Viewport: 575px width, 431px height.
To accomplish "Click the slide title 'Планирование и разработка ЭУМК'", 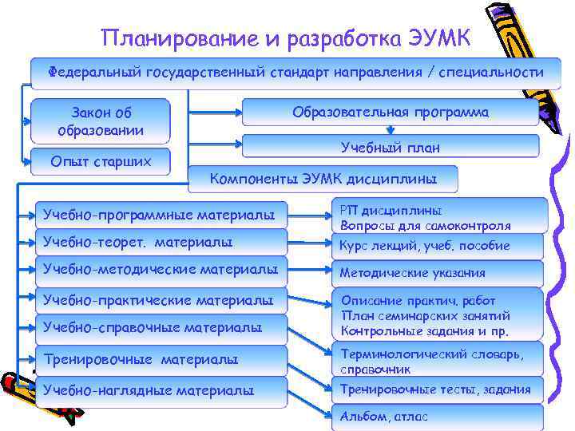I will click(x=287, y=37).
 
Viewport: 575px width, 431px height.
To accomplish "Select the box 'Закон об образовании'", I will click(x=101, y=121).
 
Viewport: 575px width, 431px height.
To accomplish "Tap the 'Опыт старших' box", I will click(x=101, y=162).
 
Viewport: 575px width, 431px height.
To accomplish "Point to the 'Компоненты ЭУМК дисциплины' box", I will click(x=323, y=179).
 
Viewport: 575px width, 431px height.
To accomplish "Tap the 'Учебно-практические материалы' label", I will click(x=164, y=301).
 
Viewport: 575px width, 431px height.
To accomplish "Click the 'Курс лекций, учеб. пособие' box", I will click(x=437, y=246).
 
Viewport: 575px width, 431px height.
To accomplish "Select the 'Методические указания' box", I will click(x=437, y=273).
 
